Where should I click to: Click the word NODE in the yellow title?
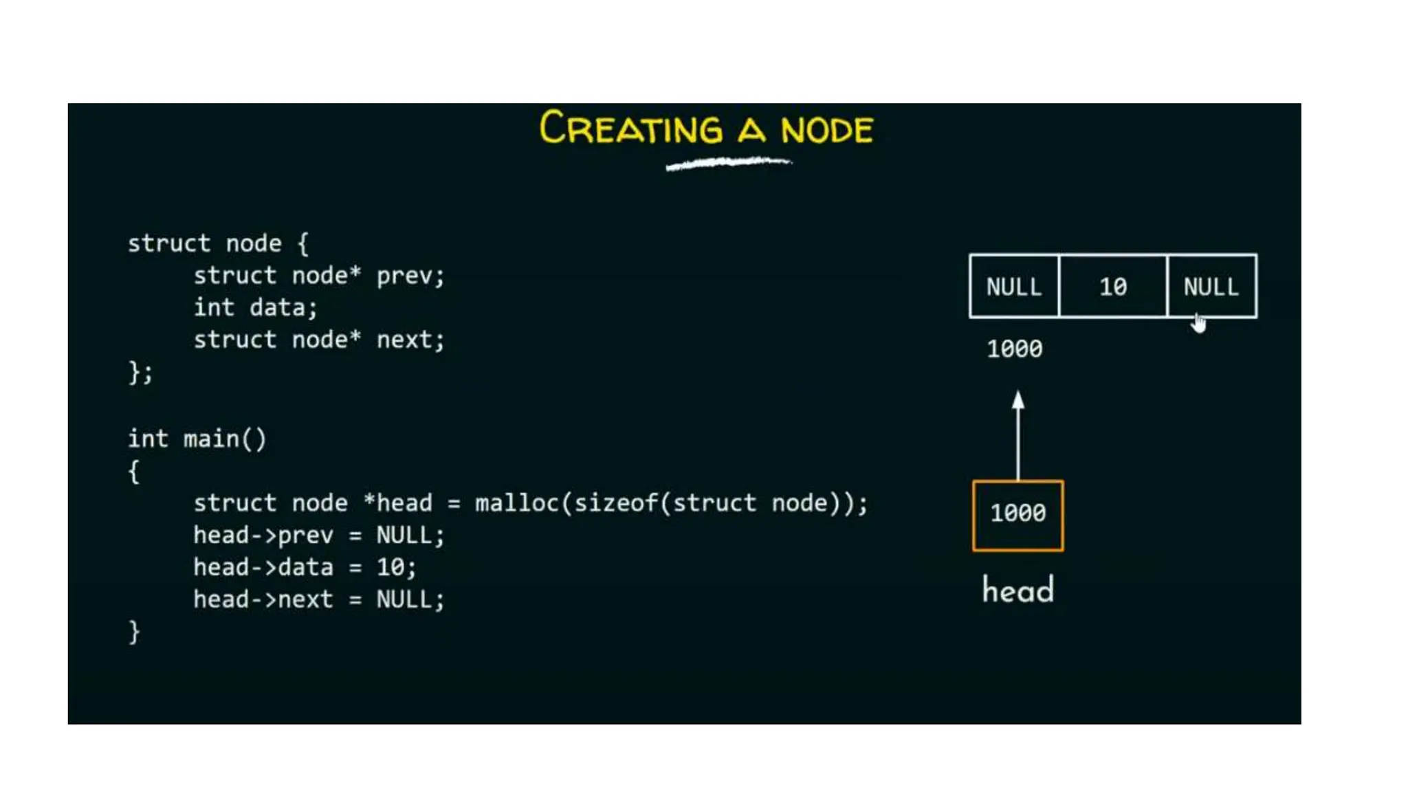827,129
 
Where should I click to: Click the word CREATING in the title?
630,129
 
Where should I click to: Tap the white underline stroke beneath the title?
729,164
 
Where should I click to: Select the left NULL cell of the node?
1014,287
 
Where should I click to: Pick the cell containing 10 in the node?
1113,287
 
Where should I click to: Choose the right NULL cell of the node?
1211,286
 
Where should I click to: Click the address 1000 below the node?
1015,349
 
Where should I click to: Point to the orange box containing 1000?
1018,515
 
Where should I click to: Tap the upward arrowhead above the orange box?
1018,401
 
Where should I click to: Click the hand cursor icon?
1199,323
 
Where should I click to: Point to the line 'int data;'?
255,307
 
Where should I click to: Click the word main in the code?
211,439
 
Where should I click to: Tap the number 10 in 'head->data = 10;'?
390,567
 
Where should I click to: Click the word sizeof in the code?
616,503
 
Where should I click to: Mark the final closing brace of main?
134,632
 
